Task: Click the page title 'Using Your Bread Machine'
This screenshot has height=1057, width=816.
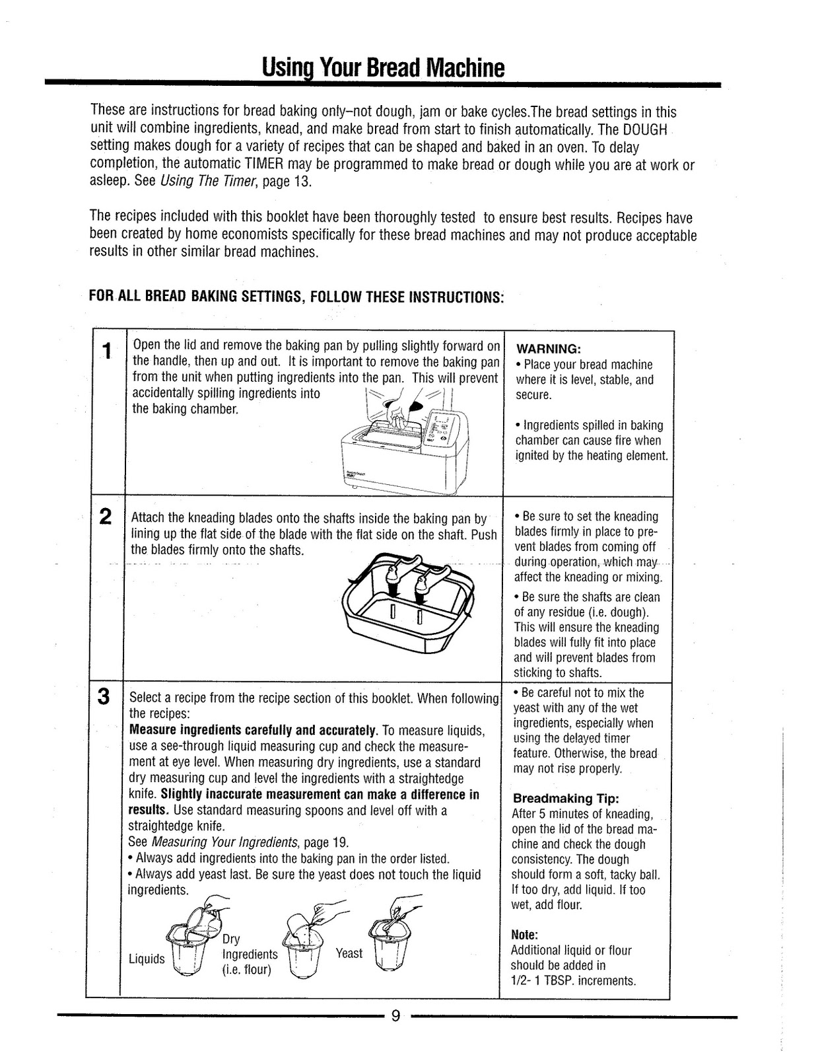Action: (x=383, y=67)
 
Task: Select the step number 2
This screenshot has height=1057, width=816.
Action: (x=104, y=517)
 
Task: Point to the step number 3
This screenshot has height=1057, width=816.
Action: (x=104, y=697)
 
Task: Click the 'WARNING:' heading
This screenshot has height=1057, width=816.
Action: (x=548, y=348)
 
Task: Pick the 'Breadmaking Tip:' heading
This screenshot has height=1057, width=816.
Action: (x=566, y=798)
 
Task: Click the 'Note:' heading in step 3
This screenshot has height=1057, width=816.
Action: (x=525, y=935)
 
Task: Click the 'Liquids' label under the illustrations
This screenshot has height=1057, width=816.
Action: (x=147, y=959)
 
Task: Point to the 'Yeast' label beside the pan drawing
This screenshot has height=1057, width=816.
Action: (x=349, y=953)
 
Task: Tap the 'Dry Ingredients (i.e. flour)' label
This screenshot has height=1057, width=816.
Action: (x=249, y=955)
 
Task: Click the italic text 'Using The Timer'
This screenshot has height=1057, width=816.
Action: (x=209, y=181)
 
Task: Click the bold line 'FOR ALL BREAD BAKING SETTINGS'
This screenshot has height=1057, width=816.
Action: (x=296, y=295)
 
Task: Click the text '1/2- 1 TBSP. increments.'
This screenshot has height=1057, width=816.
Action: (x=573, y=980)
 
